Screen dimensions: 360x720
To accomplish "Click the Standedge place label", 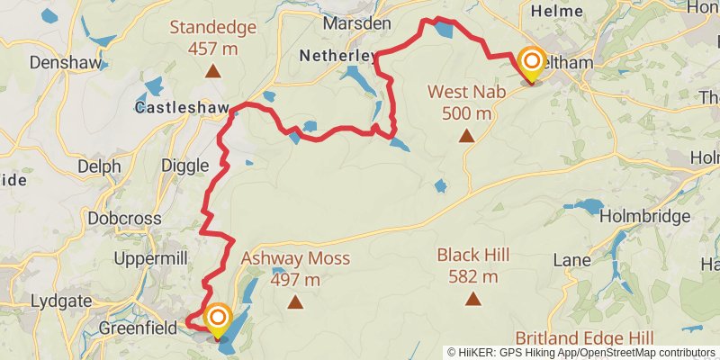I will tap(212, 27).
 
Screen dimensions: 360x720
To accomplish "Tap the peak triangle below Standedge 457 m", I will tap(212, 70).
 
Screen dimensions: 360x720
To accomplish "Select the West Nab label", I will tap(466, 91).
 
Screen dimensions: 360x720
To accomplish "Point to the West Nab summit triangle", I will tap(466, 136).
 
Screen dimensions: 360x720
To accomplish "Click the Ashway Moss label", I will tap(295, 259).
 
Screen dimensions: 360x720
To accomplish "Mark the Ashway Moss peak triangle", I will tap(295, 301).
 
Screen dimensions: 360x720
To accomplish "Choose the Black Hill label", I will tap(473, 255).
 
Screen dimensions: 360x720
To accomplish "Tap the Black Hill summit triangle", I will tap(473, 298).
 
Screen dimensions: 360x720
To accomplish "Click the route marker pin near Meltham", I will tap(531, 62).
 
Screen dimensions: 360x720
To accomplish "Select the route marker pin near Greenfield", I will tap(217, 318).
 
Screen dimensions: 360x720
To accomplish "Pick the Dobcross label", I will tap(124, 218).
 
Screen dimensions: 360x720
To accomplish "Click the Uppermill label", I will tap(150, 259).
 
